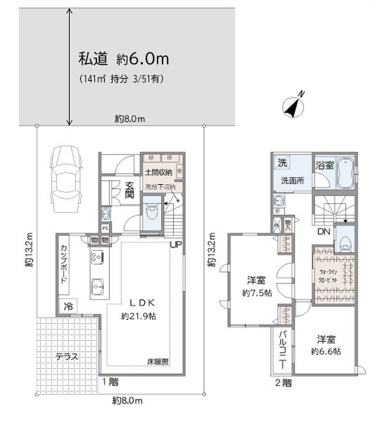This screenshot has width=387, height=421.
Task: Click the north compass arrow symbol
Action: coord(293,105)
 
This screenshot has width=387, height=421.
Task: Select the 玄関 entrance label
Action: coord(130,190)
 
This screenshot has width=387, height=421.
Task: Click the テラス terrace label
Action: coord(68,356)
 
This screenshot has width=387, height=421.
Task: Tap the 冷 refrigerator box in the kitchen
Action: coord(68,306)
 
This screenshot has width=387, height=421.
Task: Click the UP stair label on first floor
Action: coord(177,244)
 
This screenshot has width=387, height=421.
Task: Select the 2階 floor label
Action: coord(284,383)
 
